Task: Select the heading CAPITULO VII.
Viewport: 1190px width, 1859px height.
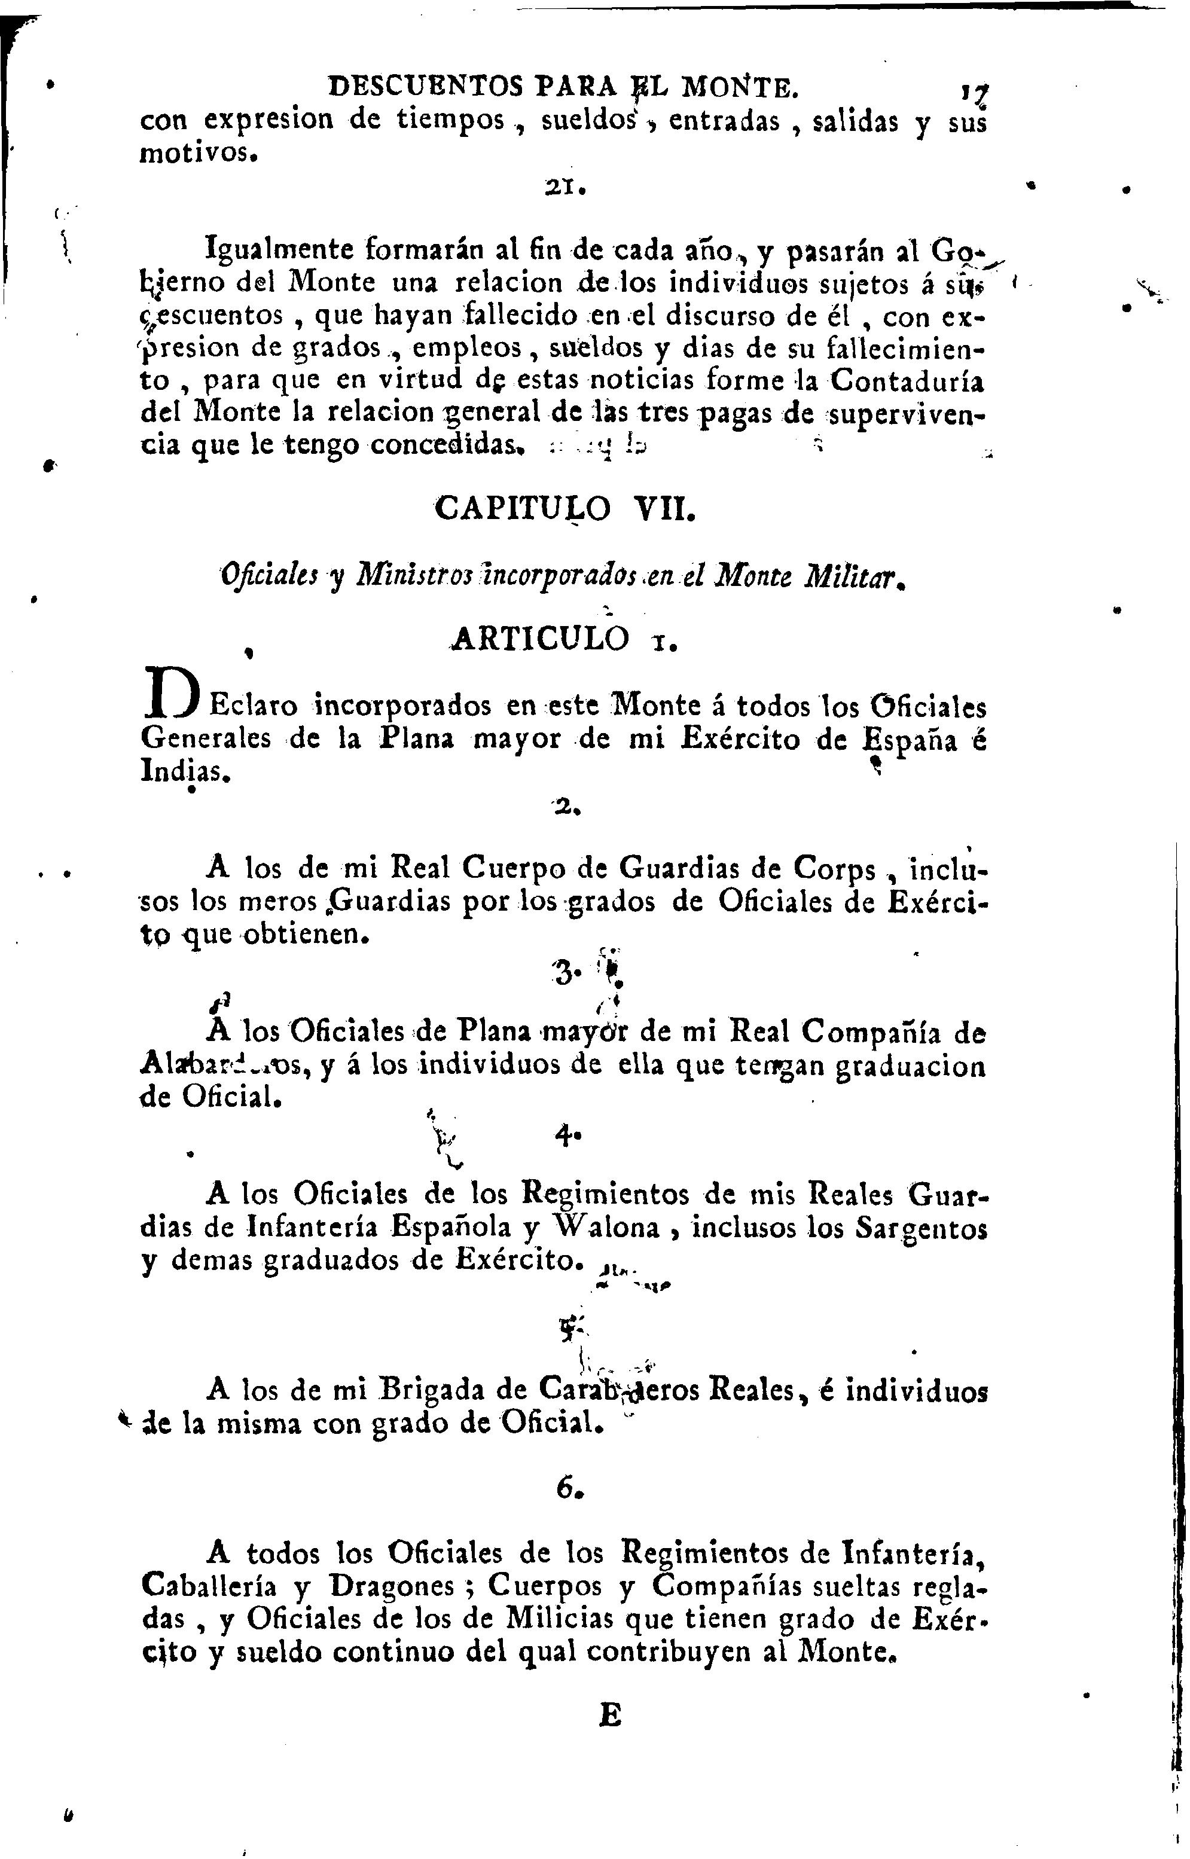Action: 565,510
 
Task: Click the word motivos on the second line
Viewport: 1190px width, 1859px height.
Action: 195,154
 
